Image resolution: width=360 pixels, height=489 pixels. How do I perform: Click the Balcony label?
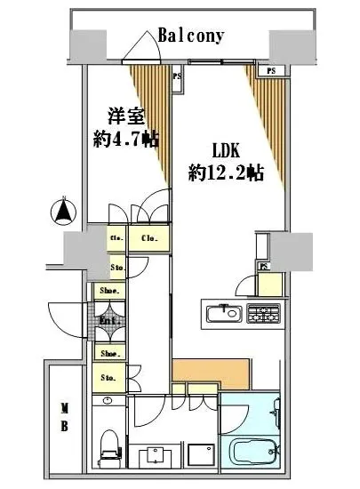point(190,36)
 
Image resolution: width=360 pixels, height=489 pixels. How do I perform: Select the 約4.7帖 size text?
point(126,139)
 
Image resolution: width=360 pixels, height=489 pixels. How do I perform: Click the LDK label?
point(225,151)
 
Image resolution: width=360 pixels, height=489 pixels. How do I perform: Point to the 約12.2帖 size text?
point(226,173)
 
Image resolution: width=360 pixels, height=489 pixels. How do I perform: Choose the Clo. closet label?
point(148,238)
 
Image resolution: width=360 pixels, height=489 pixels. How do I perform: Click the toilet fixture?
point(110,444)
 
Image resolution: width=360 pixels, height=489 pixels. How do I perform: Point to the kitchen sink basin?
point(223,313)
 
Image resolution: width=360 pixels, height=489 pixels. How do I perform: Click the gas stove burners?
point(263,313)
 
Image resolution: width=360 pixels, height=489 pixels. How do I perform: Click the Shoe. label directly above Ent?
point(110,289)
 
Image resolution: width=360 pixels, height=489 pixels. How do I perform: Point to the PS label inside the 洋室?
point(177,76)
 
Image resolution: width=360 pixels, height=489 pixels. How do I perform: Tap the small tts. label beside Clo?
point(116,238)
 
